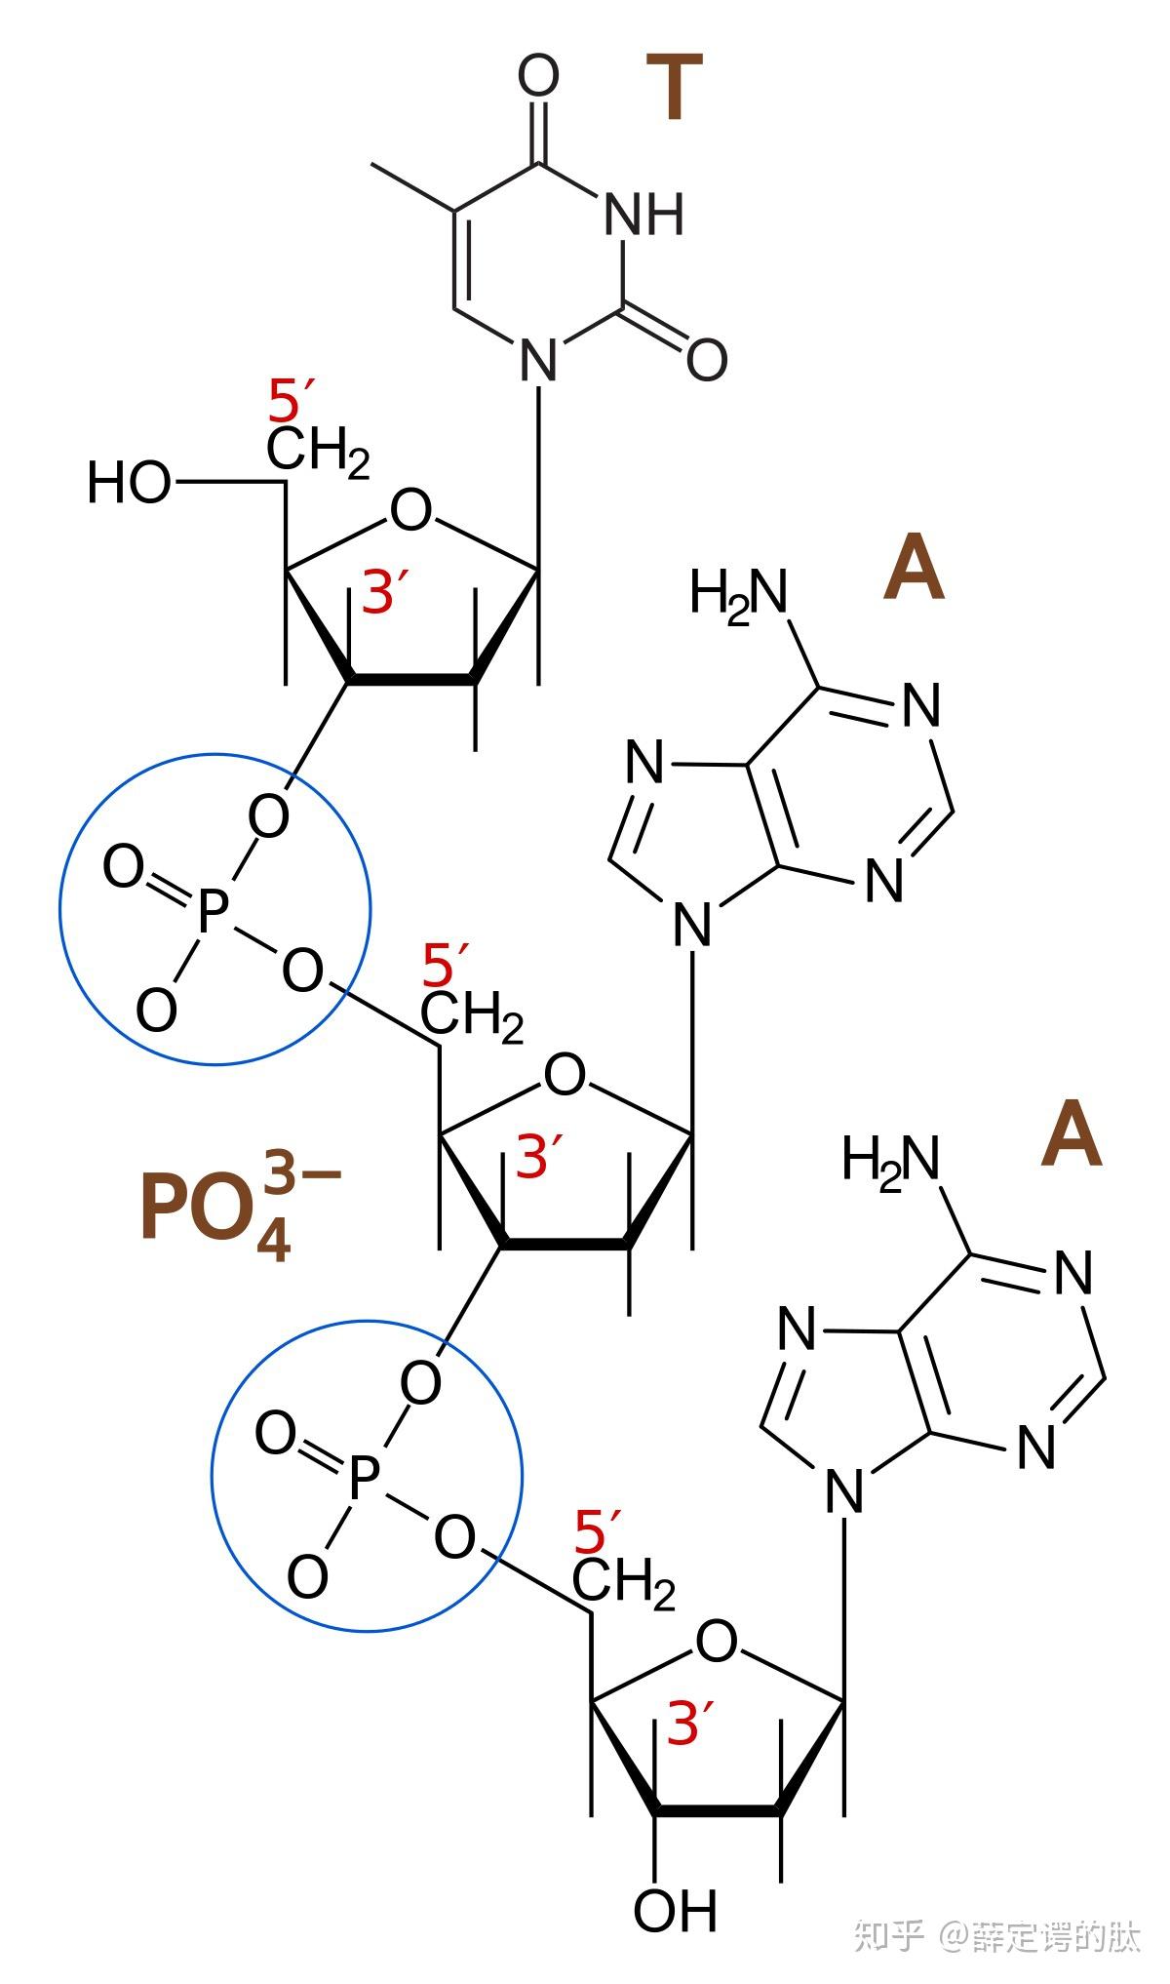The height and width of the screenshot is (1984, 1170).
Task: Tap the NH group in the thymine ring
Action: click(643, 214)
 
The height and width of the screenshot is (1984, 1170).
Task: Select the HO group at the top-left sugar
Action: click(130, 483)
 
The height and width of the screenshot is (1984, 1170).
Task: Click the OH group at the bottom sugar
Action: click(675, 1909)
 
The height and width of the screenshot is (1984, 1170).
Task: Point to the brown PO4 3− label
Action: click(239, 1207)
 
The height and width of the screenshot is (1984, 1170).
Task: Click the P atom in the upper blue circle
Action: click(212, 911)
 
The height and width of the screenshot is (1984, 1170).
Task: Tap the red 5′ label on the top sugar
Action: click(290, 400)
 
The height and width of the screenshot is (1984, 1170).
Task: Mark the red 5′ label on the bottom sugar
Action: click(597, 1531)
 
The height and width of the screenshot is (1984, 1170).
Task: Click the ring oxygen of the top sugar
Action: click(410, 510)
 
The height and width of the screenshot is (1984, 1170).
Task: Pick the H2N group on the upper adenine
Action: click(738, 592)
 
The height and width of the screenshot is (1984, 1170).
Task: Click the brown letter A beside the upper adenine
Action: click(914, 569)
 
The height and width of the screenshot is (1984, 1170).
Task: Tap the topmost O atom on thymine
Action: click(538, 76)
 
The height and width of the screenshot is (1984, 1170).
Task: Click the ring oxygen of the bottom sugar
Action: click(717, 1643)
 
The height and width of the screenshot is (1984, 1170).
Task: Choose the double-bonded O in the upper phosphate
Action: click(124, 866)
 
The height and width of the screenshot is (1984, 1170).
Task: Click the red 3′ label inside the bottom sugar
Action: click(689, 1724)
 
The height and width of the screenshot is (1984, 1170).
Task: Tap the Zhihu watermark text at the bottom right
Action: click(996, 1935)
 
